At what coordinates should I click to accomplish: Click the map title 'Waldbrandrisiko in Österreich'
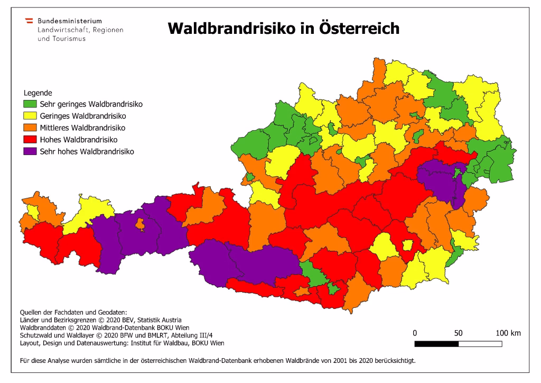coord(283,28)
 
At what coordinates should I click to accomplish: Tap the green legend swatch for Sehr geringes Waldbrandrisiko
coord(30,104)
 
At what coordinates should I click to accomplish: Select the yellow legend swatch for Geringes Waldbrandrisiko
coord(30,116)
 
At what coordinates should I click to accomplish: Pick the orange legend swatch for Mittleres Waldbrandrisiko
coord(30,128)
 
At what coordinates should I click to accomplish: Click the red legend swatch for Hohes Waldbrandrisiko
coord(30,140)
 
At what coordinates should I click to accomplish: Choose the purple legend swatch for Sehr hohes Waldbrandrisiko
coord(30,151)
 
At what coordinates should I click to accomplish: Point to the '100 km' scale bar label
coord(508,333)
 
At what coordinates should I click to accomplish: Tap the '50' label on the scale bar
coord(458,333)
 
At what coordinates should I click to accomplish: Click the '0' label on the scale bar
coord(415,333)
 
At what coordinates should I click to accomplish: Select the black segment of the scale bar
coord(436,344)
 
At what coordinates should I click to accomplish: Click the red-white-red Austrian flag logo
coord(30,21)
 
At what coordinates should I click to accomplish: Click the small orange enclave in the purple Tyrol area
coord(140,225)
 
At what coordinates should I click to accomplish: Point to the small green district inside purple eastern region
coord(458,173)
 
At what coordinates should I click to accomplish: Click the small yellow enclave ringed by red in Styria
coord(407,245)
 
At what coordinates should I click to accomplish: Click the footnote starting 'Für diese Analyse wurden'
coord(217,362)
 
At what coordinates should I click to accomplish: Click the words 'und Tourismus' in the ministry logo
coord(61,39)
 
